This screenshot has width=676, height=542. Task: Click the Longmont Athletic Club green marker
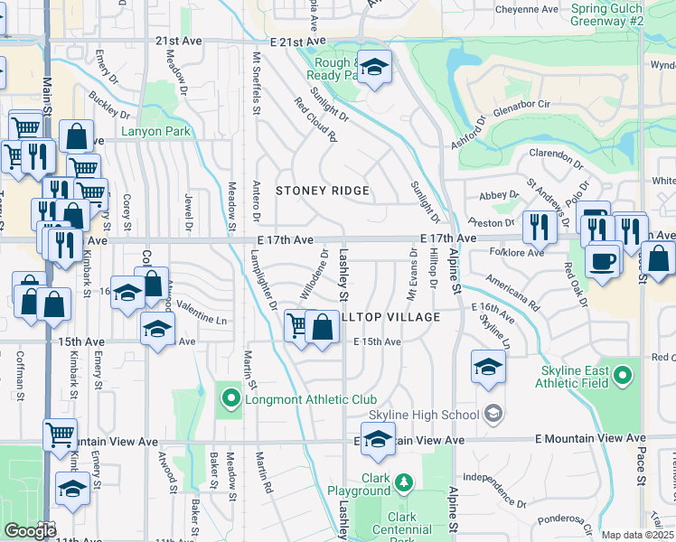click(x=230, y=397)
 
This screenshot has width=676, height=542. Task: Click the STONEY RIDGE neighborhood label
click(x=323, y=191)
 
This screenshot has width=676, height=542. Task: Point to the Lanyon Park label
click(x=156, y=131)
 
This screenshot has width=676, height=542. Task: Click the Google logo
click(x=31, y=530)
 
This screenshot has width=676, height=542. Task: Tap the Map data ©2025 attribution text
click(x=637, y=535)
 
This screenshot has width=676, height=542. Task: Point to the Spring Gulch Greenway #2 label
click(x=607, y=14)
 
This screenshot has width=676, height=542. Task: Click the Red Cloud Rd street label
click(x=315, y=125)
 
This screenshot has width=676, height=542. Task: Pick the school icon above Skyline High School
click(x=488, y=367)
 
